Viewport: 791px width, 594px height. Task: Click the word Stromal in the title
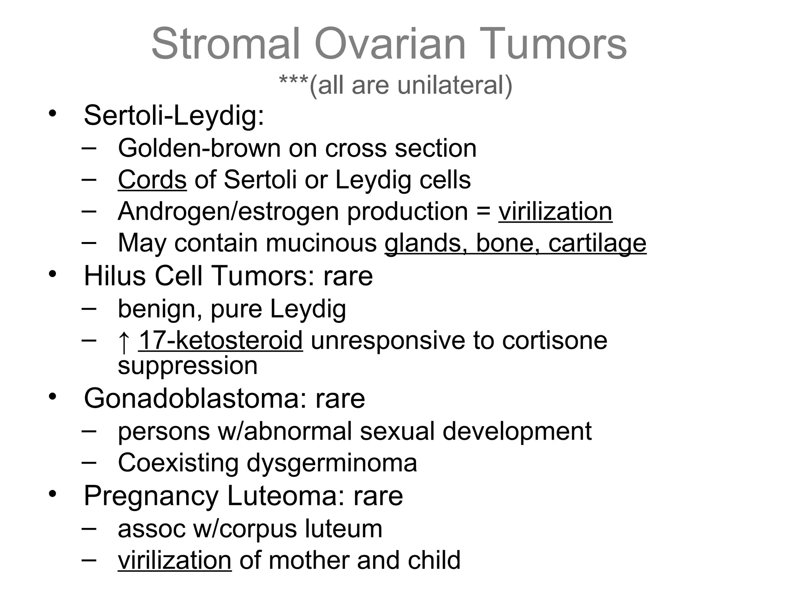226,44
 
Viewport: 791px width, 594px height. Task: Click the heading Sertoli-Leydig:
174,116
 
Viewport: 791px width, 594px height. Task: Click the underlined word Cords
152,180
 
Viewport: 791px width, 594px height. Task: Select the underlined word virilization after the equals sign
555,212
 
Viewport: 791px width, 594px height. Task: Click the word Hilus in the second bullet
115,276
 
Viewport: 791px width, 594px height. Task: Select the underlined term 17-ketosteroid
221,341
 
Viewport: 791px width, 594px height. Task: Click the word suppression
187,366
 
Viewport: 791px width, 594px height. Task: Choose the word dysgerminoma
332,463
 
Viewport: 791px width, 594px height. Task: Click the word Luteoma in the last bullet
285,496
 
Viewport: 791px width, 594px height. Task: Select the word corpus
259,529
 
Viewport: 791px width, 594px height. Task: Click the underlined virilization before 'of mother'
175,560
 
